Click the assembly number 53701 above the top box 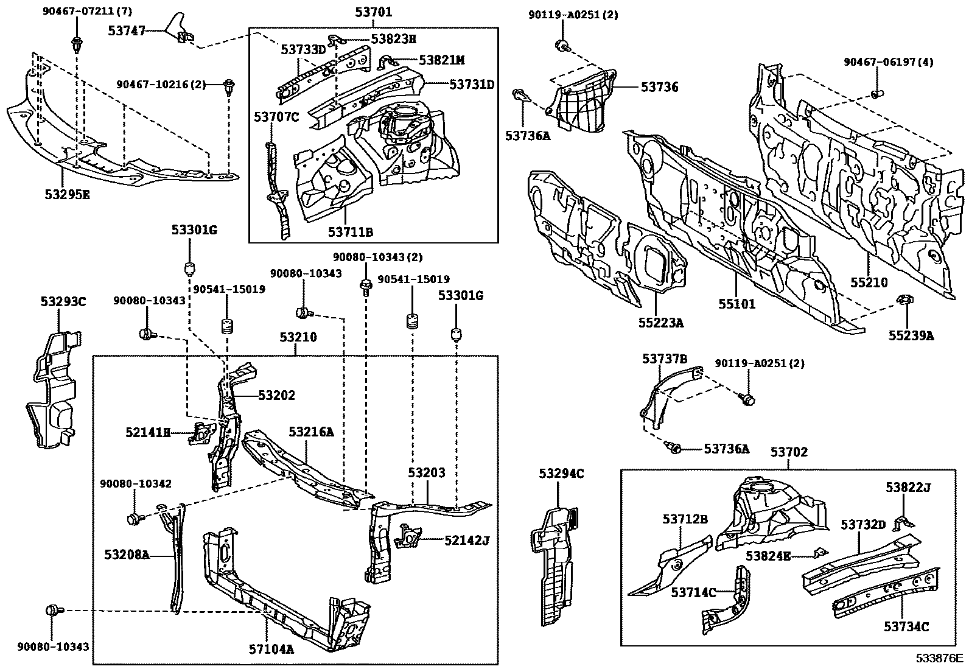373,12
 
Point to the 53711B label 350,232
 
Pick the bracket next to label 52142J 408,536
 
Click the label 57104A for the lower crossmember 271,649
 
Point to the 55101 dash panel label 736,304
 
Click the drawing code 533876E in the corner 941,658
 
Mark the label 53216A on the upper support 310,432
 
